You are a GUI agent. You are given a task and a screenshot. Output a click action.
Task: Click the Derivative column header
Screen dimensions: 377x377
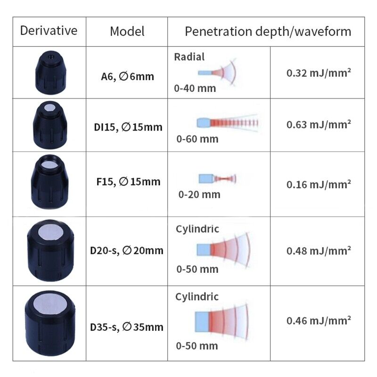coord(49,31)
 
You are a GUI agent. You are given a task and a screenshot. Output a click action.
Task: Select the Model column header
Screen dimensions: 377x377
coord(127,32)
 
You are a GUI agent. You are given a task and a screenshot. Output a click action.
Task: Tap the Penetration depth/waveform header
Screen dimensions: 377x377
coord(268,32)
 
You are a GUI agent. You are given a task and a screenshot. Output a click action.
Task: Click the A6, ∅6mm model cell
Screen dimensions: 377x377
coord(127,75)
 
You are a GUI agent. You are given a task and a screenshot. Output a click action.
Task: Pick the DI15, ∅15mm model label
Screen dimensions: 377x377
coord(127,127)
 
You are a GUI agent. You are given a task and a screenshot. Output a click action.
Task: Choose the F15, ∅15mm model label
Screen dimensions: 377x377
coord(127,181)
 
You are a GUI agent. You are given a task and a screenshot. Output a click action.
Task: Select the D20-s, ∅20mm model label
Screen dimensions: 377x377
coord(127,250)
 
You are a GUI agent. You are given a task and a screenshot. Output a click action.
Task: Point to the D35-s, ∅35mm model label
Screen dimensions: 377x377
coord(127,326)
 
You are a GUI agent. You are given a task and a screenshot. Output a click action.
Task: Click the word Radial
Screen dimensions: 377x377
coord(189,57)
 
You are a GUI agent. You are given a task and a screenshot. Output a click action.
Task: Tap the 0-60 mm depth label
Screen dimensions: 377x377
coord(197,139)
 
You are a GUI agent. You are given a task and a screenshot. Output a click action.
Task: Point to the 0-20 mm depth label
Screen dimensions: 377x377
coord(199,194)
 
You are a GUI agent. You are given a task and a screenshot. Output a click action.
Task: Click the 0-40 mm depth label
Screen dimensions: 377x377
coord(195,88)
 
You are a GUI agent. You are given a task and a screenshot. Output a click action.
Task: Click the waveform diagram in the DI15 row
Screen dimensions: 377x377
coord(227,123)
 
